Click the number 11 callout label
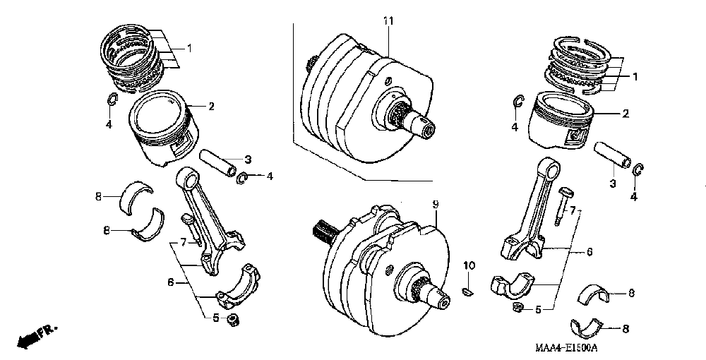point(387,20)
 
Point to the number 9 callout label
point(436,205)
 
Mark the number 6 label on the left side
point(170,282)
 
